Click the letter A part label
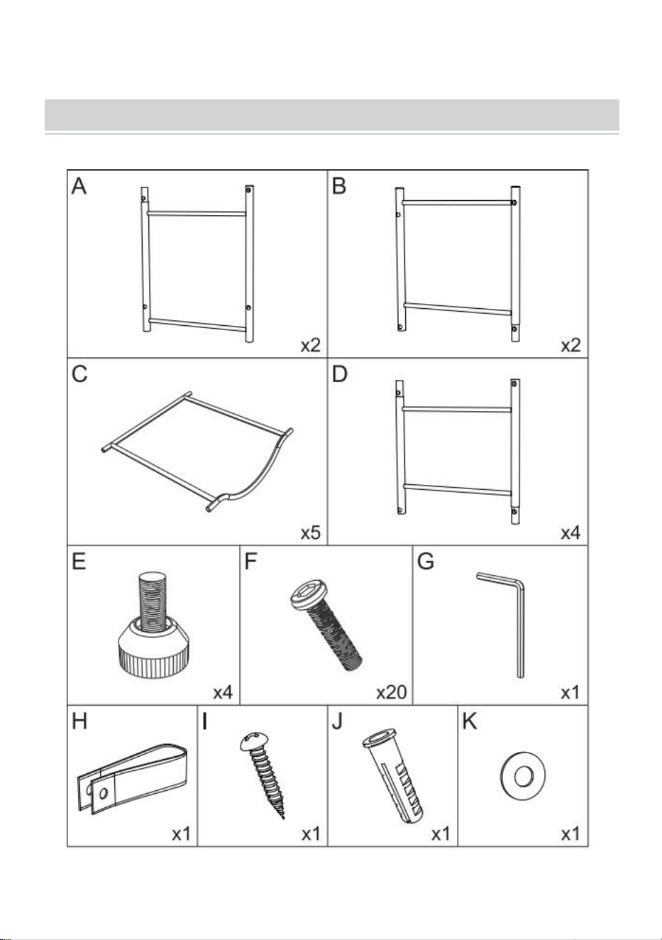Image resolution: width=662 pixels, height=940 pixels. coord(79,187)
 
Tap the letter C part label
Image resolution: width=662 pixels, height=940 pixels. coord(79,374)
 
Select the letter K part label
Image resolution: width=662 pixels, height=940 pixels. coord(470,722)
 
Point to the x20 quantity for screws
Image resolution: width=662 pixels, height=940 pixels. coord(392,692)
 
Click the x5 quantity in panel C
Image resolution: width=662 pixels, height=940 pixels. coord(311,533)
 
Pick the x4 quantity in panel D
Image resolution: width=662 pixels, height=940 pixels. coord(570,533)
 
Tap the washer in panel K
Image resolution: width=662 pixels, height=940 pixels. coord(523,776)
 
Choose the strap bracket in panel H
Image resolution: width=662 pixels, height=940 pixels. coord(133,780)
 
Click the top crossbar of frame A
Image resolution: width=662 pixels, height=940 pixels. coord(197,214)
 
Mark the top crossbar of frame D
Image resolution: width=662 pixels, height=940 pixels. coord(457,408)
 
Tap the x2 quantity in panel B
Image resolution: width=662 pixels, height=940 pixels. coord(570,345)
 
